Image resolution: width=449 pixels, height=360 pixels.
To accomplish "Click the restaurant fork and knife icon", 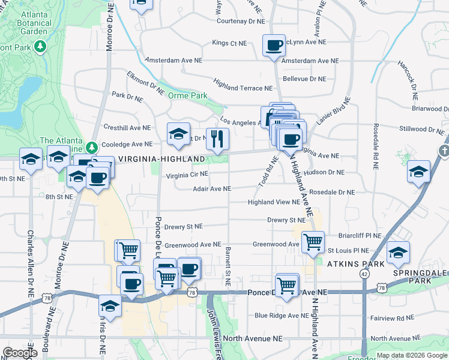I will click(x=218, y=139).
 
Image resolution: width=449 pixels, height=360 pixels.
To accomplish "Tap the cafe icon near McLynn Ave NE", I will click(x=274, y=45).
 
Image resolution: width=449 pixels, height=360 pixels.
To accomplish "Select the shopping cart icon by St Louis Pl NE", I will click(x=313, y=242).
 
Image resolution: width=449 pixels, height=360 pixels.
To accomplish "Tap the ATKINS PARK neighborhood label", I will click(x=351, y=263).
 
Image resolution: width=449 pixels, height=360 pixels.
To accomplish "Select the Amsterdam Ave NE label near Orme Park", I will click(x=173, y=61).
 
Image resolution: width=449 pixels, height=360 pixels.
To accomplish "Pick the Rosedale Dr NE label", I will click(x=331, y=192).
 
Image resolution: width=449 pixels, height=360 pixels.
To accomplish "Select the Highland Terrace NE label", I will click(x=243, y=88).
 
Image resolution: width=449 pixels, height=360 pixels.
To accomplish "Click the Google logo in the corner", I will click(x=20, y=352).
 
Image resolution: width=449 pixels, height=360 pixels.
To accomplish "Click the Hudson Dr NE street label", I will click(x=324, y=172).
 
